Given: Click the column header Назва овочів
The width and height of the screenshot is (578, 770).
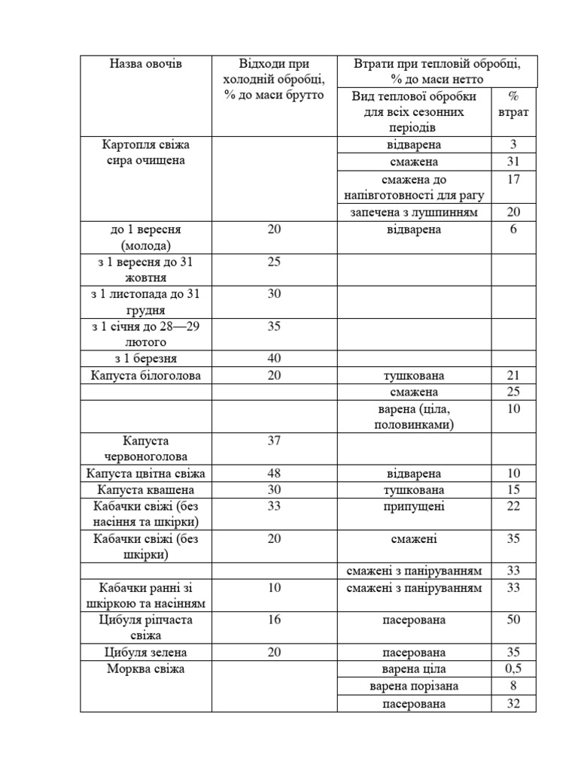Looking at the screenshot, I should click(145, 64).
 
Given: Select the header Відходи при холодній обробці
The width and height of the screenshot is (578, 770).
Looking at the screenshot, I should click(274, 80).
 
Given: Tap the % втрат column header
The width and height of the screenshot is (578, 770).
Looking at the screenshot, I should click(513, 104).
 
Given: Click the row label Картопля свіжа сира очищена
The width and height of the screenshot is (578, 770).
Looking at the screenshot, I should click(145, 152).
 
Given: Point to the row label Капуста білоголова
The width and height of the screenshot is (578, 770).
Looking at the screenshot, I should click(145, 375).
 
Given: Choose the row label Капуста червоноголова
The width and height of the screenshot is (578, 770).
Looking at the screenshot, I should click(145, 448).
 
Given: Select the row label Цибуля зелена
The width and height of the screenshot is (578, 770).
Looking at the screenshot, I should click(145, 652).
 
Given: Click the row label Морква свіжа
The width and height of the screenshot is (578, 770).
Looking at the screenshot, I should click(145, 669).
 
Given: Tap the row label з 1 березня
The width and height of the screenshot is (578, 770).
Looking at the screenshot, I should click(145, 359).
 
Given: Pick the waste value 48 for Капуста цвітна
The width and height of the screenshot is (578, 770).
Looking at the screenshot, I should click(274, 473).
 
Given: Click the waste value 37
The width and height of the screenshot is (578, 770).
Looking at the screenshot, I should click(274, 441).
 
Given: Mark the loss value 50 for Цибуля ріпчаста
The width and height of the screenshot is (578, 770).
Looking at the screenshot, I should click(513, 620).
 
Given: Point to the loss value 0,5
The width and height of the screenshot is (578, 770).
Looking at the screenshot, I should click(513, 669).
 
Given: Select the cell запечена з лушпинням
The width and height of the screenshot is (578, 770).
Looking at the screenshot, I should click(414, 213).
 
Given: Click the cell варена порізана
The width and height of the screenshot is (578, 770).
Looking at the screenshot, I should click(414, 687).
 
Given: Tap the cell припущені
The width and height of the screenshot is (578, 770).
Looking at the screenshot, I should click(414, 506).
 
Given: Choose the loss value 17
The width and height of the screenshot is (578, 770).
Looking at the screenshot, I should click(513, 180).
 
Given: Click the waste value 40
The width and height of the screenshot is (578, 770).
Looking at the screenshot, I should click(274, 359).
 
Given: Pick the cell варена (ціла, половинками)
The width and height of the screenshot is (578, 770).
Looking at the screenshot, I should click(414, 417).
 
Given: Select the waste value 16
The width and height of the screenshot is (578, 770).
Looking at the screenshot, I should click(274, 620).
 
